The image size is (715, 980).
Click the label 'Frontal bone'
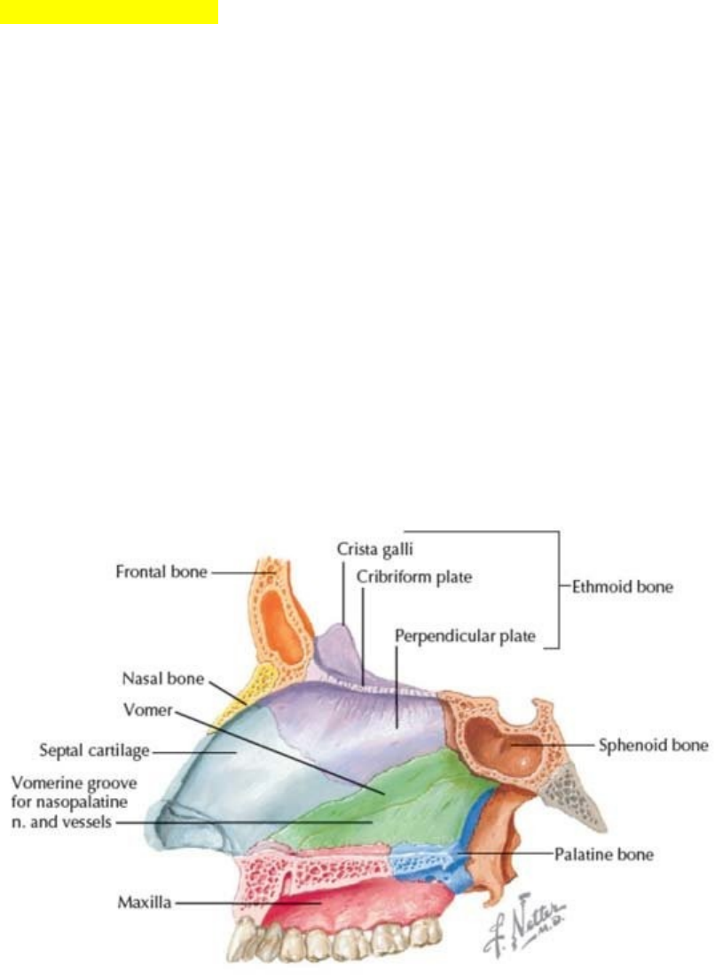[161, 573]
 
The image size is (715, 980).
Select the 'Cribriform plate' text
[414, 577]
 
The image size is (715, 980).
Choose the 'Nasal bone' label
[163, 679]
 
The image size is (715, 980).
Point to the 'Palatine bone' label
[603, 855]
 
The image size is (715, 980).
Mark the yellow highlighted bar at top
[108, 12]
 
